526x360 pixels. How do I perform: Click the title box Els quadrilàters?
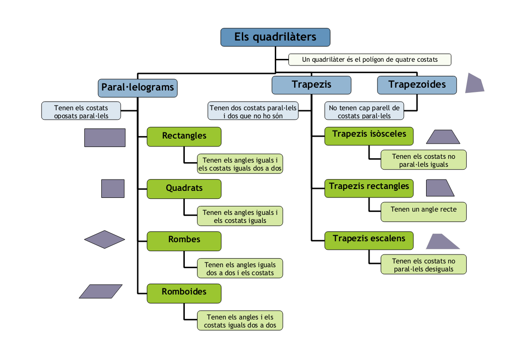tap(275, 37)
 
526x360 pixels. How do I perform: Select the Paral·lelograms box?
tap(138, 88)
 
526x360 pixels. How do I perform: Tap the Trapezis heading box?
tap(311, 85)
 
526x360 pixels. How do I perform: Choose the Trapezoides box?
tap(417, 85)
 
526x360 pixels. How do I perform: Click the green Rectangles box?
tap(184, 136)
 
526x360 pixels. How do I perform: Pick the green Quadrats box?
tap(184, 188)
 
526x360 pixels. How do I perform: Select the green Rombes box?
tap(184, 240)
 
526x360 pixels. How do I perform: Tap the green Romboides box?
tap(184, 293)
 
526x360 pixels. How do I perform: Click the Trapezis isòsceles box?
tap(369, 135)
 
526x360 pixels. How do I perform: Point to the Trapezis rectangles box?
tap(369, 188)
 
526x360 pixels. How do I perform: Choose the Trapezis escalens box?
tap(369, 240)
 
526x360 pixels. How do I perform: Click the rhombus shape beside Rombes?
tap(105, 239)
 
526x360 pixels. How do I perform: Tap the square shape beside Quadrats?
tap(113, 188)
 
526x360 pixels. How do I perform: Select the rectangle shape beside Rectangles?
tap(105, 138)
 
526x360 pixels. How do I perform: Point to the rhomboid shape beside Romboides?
tap(101, 291)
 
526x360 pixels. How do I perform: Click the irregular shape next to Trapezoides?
tap(474, 83)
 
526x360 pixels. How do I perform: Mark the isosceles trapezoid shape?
tap(443, 137)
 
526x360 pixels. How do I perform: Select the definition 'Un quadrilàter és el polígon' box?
tap(370, 60)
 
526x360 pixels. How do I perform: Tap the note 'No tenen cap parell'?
tap(364, 111)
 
